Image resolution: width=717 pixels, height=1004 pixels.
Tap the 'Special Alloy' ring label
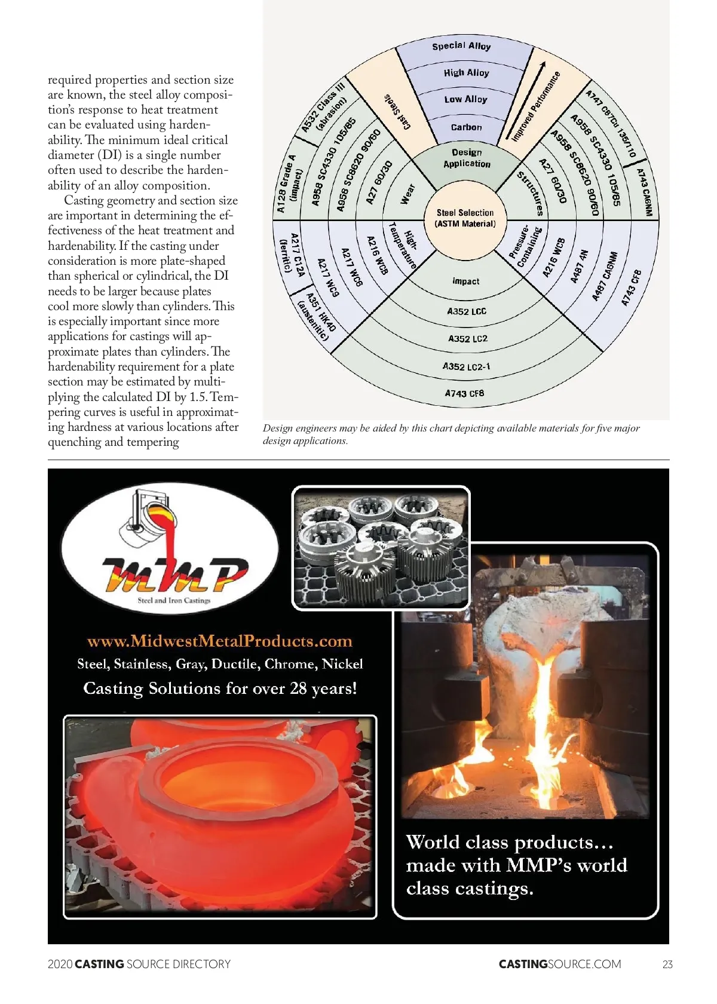point(461,46)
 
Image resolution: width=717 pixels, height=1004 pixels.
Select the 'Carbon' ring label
point(466,127)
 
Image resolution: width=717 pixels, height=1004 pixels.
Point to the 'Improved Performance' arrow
point(534,102)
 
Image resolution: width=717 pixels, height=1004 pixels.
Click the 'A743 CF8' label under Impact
point(464,393)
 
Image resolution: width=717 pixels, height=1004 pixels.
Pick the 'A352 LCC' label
point(467,311)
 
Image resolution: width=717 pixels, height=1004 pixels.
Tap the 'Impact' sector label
point(466,281)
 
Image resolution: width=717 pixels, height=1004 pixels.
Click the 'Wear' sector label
point(407,194)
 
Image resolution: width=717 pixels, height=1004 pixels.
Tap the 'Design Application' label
point(467,158)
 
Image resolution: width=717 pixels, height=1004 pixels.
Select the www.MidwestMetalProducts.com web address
point(220,641)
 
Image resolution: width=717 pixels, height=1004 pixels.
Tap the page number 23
point(667,964)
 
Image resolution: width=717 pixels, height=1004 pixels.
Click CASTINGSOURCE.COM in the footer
point(560,964)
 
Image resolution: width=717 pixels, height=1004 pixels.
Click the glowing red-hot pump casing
point(221,795)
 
